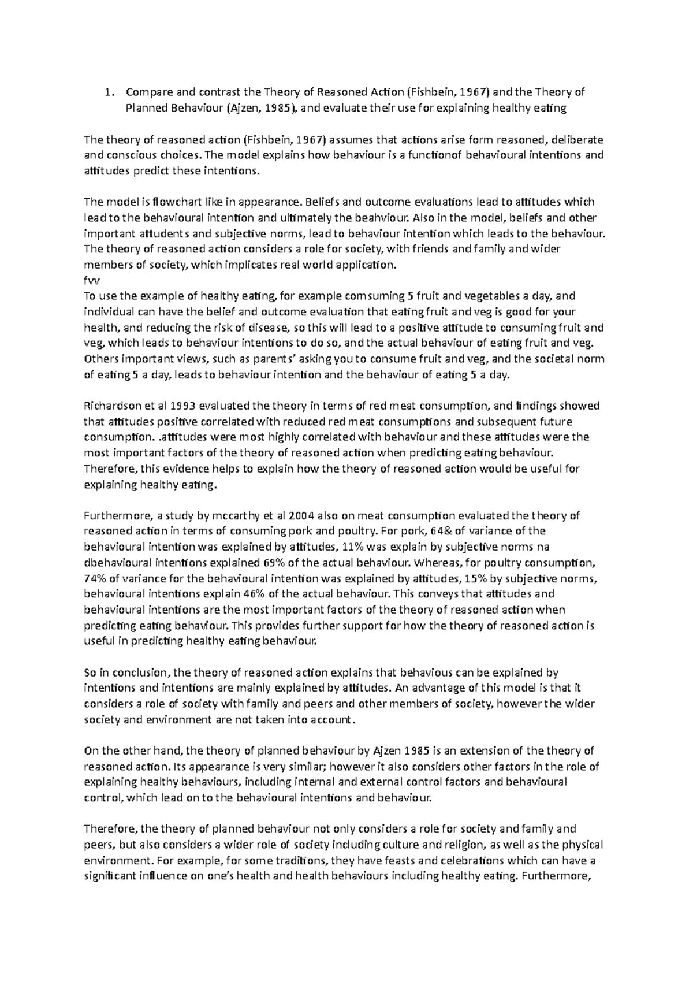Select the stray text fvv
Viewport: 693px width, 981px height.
[91, 280]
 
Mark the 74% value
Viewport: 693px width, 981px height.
[95, 578]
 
